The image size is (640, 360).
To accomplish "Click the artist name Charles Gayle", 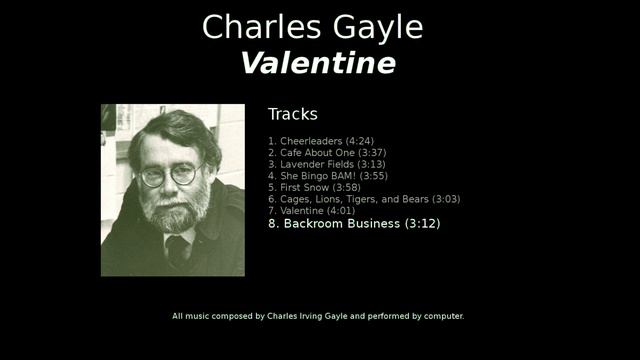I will click(312, 28).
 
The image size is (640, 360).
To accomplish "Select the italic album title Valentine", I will click(318, 64).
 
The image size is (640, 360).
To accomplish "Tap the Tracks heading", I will click(292, 114).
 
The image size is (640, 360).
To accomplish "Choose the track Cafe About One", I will click(319, 153).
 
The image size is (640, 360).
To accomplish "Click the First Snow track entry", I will click(314, 188).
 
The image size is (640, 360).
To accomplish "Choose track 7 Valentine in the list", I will click(311, 211).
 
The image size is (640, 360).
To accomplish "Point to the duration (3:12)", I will click(422, 224).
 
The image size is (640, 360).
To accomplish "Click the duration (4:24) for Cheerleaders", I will click(360, 141).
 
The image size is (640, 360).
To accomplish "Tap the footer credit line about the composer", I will click(318, 316).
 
